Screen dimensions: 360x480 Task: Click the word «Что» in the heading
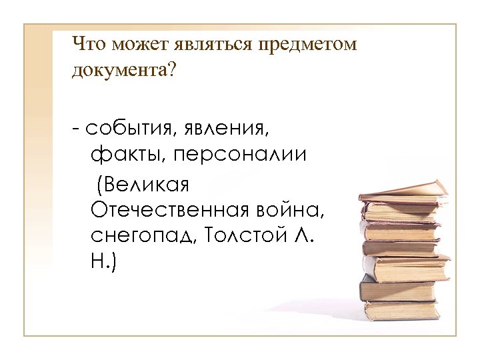tap(89, 45)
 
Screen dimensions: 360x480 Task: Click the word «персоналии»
tap(241, 155)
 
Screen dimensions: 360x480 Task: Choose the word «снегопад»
tap(142, 238)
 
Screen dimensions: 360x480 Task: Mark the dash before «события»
tap(77, 127)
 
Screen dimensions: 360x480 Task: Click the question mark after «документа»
tap(174, 70)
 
